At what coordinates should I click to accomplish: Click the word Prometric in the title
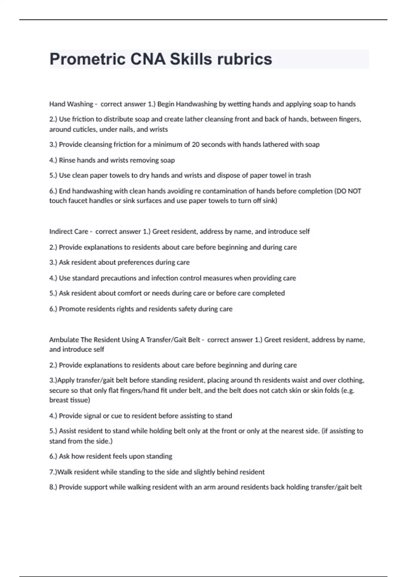point(88,59)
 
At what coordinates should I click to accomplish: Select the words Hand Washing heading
point(71,104)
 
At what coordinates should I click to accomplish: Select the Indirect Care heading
point(69,231)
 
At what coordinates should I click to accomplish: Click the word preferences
point(136,262)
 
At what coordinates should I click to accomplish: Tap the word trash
point(303,175)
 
